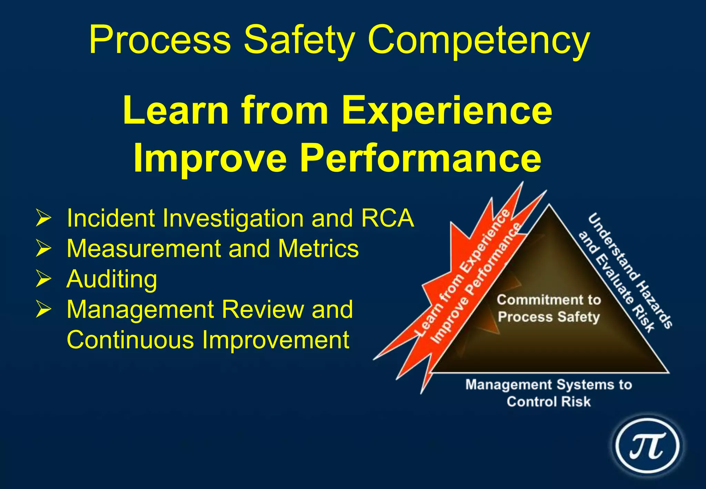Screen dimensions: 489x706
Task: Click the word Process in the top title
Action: [160, 39]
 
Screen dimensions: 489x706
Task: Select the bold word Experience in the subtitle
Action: [447, 111]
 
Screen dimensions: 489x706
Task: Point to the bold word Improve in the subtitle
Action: [210, 159]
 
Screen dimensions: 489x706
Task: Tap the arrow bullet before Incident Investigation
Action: [43, 218]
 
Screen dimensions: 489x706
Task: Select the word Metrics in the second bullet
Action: [318, 248]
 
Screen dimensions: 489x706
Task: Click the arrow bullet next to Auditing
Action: [43, 279]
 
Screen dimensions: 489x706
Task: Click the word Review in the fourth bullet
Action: [263, 309]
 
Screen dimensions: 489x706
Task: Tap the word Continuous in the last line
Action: [130, 340]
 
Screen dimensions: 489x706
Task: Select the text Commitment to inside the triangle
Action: [548, 300]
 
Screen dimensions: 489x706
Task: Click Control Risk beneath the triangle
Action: [548, 402]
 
